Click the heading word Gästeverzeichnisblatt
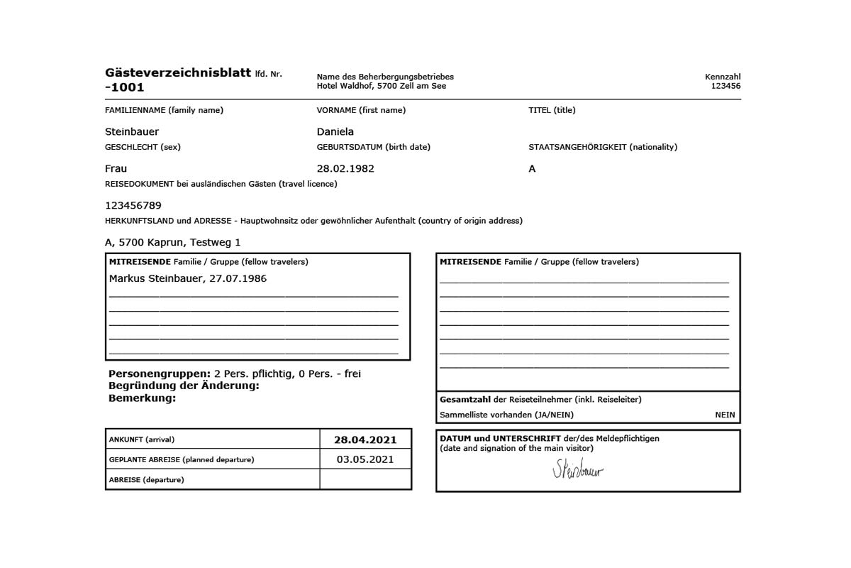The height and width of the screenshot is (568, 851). point(177,72)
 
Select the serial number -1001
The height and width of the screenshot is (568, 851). point(124,87)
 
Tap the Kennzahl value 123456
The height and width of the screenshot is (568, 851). point(725,86)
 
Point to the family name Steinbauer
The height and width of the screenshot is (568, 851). point(132,131)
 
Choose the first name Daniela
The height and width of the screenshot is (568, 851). point(335,131)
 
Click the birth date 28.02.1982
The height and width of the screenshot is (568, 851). point(345,169)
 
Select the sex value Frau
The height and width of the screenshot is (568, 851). point(116,169)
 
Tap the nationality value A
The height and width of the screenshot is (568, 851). point(532,169)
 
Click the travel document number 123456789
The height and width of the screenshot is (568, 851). point(133,205)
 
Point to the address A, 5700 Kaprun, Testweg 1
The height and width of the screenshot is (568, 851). point(173,242)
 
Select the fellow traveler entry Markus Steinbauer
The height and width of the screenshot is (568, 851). point(156,278)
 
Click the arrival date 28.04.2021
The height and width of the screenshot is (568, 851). point(365,439)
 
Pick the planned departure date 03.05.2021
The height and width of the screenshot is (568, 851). point(365,459)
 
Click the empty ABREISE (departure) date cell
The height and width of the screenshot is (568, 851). point(365,479)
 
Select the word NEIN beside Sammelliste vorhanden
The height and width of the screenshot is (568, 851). point(725,415)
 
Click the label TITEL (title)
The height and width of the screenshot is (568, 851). point(552,110)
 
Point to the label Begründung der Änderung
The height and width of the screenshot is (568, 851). point(184,386)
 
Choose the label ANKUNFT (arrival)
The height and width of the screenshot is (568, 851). point(141,439)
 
